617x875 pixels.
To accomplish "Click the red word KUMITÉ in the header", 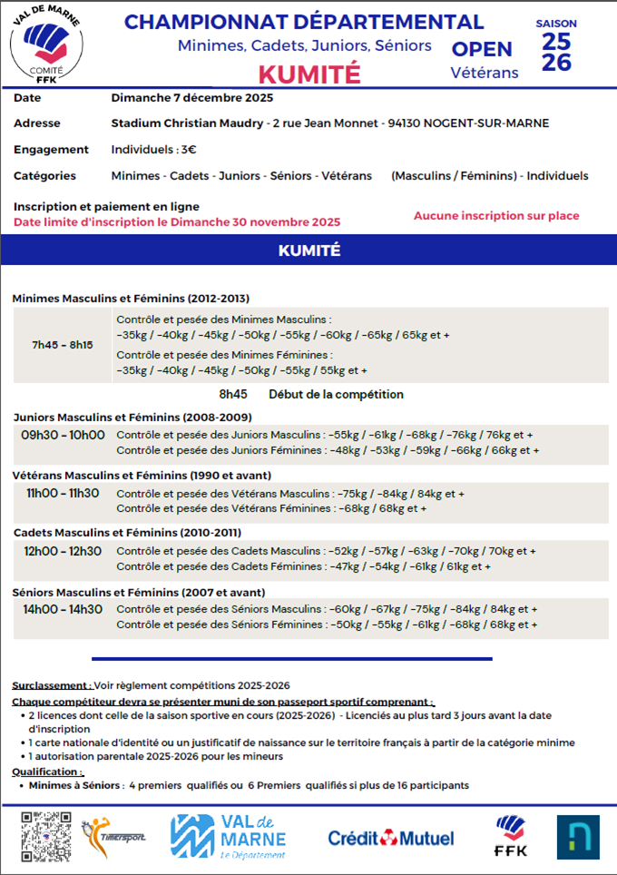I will [x=309, y=73].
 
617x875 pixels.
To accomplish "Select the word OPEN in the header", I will [x=482, y=49].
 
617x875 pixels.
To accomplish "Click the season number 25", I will [x=556, y=41].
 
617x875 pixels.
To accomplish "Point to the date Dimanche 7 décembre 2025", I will [x=191, y=98].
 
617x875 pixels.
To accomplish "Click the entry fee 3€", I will [x=188, y=150].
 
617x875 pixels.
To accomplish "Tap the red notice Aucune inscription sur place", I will [x=496, y=216].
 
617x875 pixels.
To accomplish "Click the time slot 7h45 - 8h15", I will [x=63, y=345].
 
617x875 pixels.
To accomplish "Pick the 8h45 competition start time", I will [x=233, y=395].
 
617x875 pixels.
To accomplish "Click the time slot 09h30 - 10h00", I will [x=63, y=435].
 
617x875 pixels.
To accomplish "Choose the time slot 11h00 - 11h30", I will [x=63, y=493].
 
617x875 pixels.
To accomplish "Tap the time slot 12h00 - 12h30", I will [x=63, y=551].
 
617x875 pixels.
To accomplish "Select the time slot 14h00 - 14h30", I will [x=63, y=609].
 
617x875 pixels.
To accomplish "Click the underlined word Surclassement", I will [x=51, y=685].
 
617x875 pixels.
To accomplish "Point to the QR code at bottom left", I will [x=45, y=835].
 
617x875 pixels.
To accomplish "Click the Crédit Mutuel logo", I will [x=388, y=837].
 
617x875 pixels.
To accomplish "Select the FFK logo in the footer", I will [x=511, y=835].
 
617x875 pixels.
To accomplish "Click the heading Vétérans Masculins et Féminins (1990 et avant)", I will [x=142, y=475].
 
